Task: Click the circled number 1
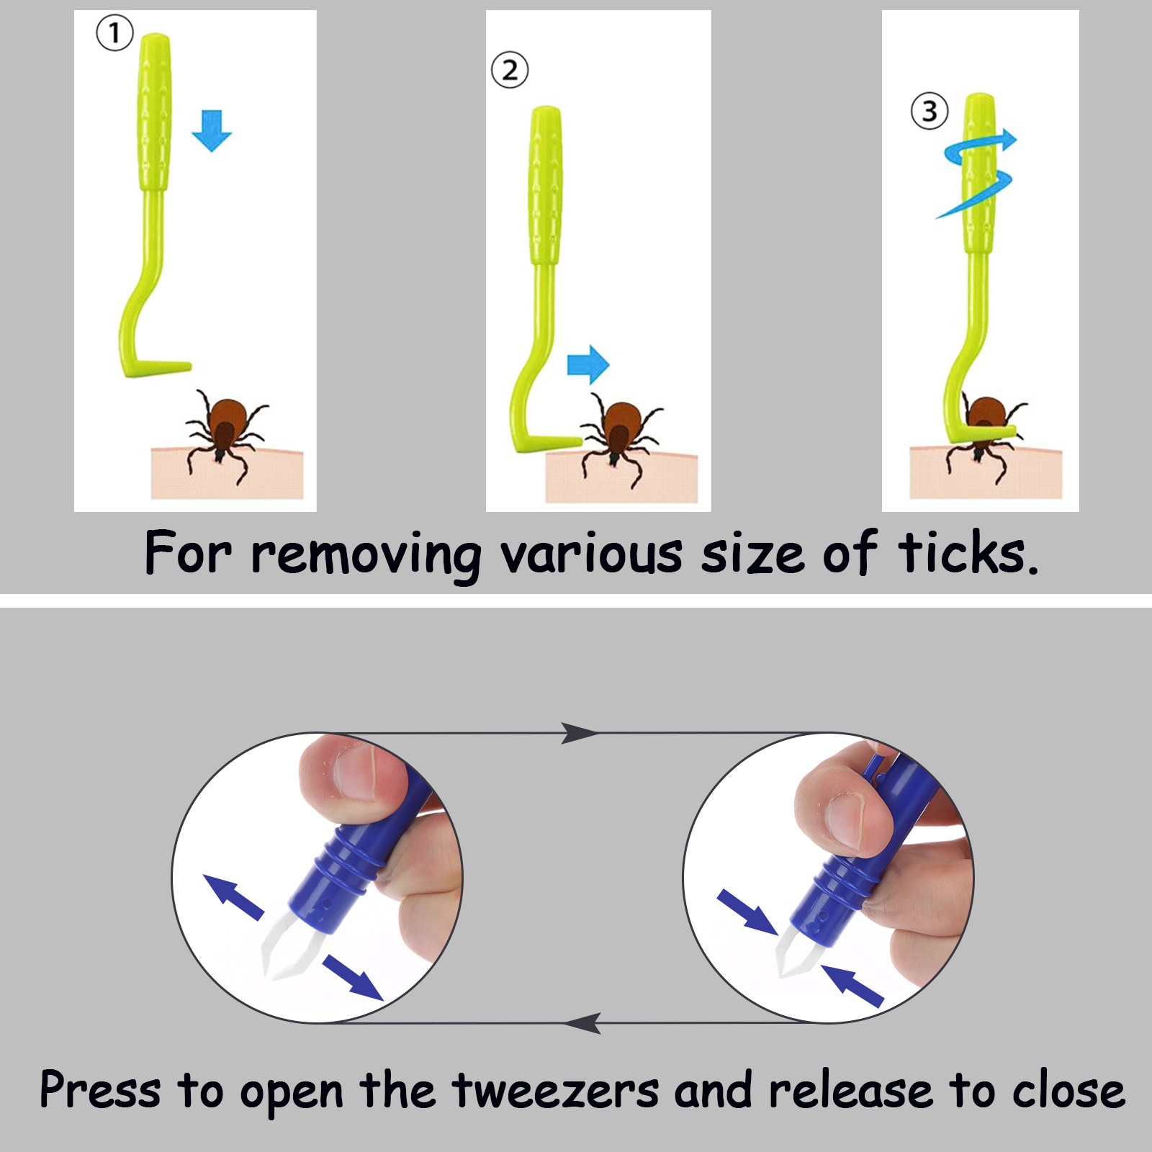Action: [x=114, y=33]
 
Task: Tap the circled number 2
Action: [x=510, y=71]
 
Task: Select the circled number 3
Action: [x=930, y=112]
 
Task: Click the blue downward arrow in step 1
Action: [x=212, y=130]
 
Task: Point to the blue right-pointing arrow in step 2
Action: [x=588, y=364]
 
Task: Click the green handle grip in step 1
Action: [x=154, y=112]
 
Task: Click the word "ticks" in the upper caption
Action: [x=968, y=553]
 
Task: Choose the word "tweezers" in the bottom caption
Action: [x=555, y=1092]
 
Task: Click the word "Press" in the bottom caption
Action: [x=100, y=1089]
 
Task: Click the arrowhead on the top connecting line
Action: [x=580, y=733]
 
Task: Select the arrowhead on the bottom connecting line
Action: [x=582, y=1023]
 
